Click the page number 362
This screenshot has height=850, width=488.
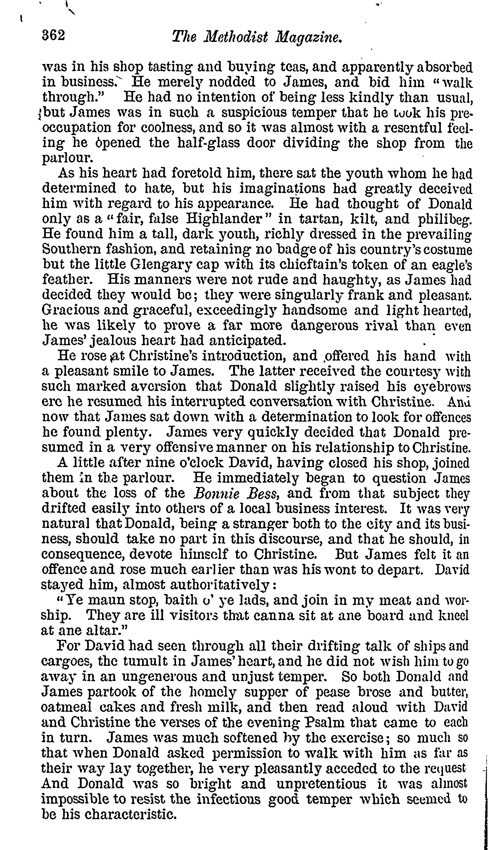53,35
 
